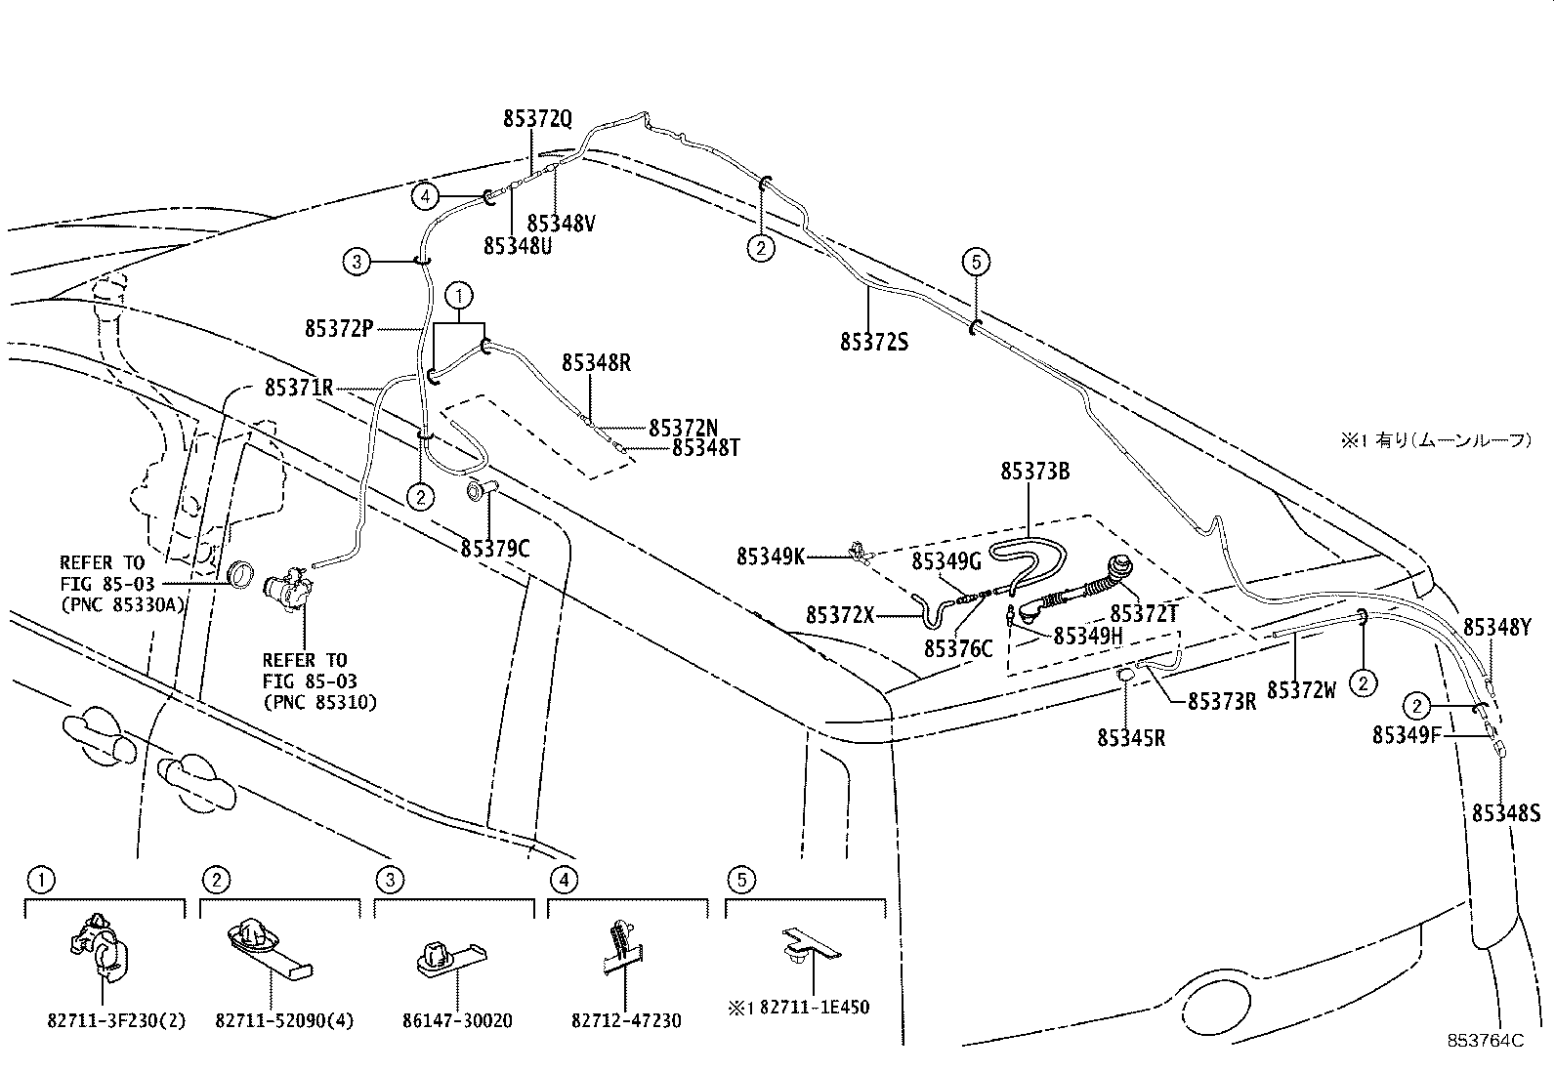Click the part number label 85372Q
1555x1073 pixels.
pyautogui.click(x=536, y=119)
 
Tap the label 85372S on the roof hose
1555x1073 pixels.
pyautogui.click(x=873, y=342)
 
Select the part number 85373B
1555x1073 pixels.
pyautogui.click(x=1034, y=472)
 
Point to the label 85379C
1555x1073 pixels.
pyautogui.click(x=494, y=549)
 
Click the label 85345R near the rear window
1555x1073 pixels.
pyautogui.click(x=1130, y=738)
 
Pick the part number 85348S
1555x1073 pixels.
pyautogui.click(x=1505, y=812)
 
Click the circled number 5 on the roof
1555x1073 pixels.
pyautogui.click(x=975, y=262)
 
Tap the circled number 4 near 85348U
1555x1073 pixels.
pyautogui.click(x=424, y=197)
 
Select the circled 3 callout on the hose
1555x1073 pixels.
pyautogui.click(x=357, y=261)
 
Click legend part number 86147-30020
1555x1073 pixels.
pyautogui.click(x=456, y=1021)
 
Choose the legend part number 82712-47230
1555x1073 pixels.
pyautogui.click(x=626, y=1021)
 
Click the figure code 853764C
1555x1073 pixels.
pyautogui.click(x=1486, y=1041)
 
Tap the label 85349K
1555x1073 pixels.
pyautogui.click(x=770, y=557)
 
